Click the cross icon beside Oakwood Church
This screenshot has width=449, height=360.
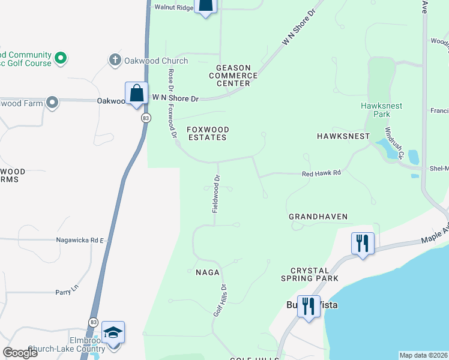point(115,60)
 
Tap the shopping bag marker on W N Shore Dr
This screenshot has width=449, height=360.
point(136,94)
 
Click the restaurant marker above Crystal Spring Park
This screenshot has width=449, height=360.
point(363,244)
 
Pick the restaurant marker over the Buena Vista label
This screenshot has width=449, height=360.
point(309,307)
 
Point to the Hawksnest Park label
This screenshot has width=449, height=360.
point(381,109)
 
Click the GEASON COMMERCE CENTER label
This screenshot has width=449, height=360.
point(233,76)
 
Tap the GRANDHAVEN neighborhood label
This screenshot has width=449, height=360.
point(318,216)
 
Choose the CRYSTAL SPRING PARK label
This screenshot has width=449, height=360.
point(310,274)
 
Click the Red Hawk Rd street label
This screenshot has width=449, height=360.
point(321,173)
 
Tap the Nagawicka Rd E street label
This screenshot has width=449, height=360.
point(80,240)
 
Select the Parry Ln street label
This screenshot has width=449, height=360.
point(67,290)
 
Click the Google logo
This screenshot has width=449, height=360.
point(20,353)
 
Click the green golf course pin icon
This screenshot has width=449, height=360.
point(60,58)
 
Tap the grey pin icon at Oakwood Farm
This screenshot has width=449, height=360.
point(52,103)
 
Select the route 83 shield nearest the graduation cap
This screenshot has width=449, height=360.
point(93,322)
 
